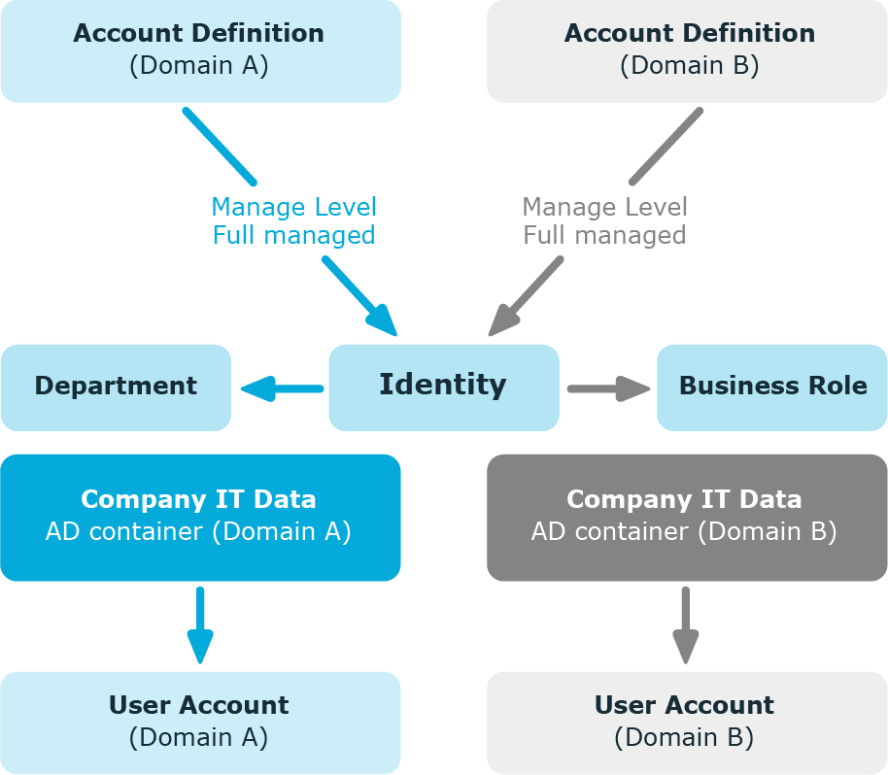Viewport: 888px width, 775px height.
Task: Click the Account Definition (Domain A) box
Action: coord(201,51)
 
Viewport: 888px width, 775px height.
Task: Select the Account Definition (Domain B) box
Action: coord(687,51)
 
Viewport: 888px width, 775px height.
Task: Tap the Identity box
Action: coord(444,387)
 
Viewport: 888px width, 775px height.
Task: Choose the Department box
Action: coord(116,387)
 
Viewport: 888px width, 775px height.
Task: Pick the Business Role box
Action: coord(772,387)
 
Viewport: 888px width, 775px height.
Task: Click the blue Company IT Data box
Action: coord(201,518)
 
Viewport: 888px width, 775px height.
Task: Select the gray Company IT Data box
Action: coord(687,518)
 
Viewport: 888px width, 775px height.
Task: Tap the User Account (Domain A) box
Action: coord(201,723)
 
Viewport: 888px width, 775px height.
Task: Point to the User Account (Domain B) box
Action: coord(687,723)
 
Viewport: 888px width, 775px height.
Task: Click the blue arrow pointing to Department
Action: coord(282,388)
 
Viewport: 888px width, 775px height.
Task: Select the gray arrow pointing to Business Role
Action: coord(609,388)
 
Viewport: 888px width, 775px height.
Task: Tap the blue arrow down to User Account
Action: coord(200,625)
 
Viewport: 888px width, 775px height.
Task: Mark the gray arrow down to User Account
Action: coord(686,625)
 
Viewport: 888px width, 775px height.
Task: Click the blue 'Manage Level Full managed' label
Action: coord(294,220)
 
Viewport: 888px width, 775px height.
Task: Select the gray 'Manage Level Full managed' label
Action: coord(605,220)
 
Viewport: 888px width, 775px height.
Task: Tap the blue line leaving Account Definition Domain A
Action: coord(220,147)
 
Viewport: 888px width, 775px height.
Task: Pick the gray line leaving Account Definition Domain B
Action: coord(666,147)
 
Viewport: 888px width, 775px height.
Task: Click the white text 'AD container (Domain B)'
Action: coord(684,531)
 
